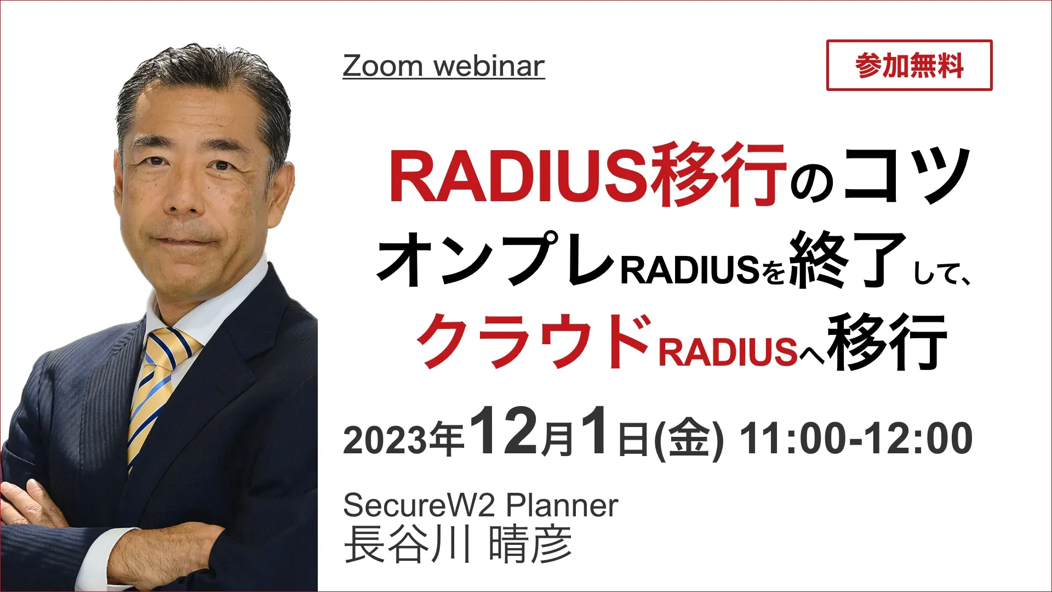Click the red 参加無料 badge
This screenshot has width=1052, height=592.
pos(909,65)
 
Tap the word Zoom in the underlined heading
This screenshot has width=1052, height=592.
pos(382,66)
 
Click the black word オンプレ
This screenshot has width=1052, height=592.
pos(496,258)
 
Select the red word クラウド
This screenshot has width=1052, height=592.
pos(534,341)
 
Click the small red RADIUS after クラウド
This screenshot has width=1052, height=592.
pos(727,351)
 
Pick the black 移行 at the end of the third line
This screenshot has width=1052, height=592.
pos(888,342)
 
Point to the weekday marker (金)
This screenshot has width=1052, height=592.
pos(689,440)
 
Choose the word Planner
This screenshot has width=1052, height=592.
pos(562,505)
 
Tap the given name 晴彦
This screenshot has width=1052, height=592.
pos(530,544)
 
